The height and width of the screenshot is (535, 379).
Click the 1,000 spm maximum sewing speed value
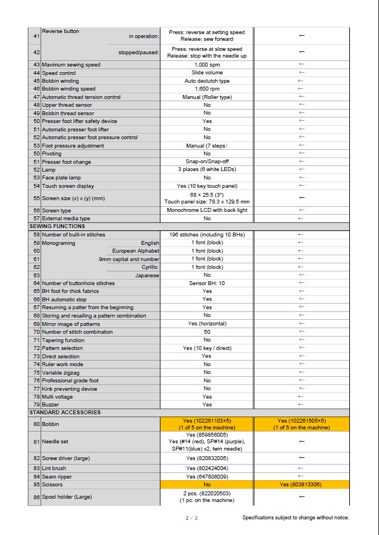point(207,65)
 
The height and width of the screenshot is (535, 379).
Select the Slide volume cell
point(207,73)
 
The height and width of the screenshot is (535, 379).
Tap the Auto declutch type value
point(207,81)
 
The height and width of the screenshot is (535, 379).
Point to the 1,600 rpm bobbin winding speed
point(207,89)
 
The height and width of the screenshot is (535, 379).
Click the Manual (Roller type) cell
point(207,97)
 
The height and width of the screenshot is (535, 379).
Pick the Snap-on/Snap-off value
point(207,162)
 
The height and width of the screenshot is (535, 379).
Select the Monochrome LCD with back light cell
point(207,210)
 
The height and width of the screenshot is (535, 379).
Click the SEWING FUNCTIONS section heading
point(57,226)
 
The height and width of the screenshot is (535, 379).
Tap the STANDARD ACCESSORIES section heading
point(65,413)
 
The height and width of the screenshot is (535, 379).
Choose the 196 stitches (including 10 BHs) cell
point(207,235)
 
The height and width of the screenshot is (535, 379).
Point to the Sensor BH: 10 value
point(207,283)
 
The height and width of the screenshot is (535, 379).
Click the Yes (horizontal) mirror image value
point(207,324)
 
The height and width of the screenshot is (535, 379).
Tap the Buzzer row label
point(50,405)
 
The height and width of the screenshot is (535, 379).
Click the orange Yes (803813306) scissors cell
point(301,485)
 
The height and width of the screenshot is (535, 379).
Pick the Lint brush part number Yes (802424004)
point(207,468)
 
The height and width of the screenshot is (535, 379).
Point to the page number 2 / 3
point(191,518)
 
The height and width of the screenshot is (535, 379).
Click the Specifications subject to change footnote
point(295,518)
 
